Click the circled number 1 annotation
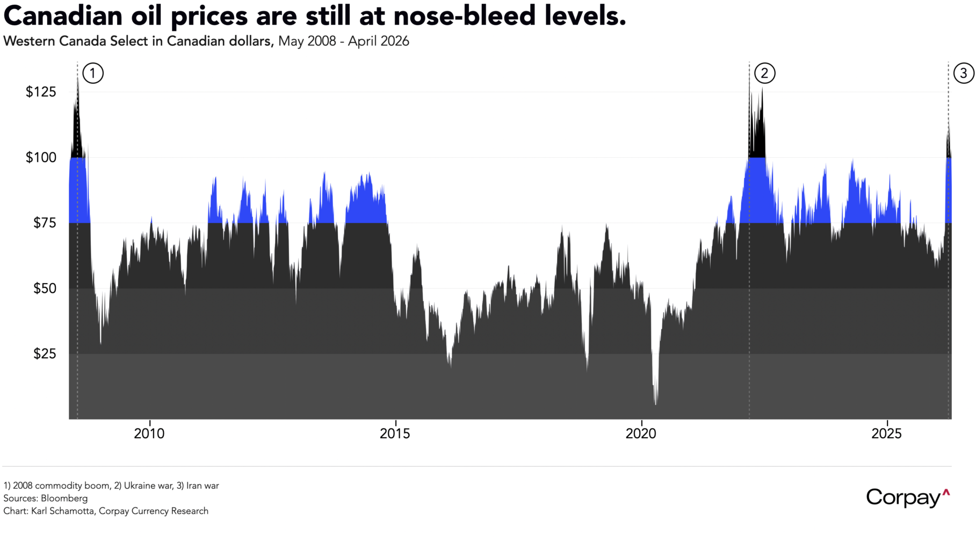pos(93,73)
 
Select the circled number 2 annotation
pos(764,73)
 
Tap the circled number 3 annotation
pos(963,73)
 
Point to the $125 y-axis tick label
pos(41,92)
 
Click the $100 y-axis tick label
pos(41,157)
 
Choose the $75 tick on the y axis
pos(45,223)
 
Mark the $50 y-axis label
pos(45,288)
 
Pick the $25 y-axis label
pos(45,354)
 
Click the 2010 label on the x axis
pos(149,433)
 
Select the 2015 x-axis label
pos(395,433)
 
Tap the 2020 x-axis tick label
pos(641,433)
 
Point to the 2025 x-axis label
pos(886,433)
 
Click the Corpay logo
pos(907,497)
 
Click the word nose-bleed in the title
pos(465,16)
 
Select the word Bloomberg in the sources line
pos(64,498)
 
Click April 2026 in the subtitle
pos(378,41)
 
